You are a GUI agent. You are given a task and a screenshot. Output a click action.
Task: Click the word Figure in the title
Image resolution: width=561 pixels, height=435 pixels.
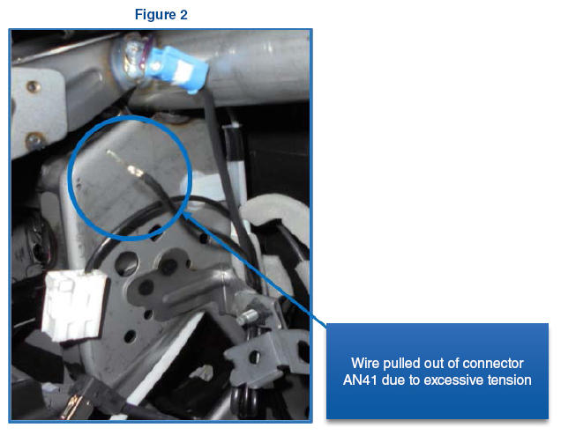(x=155, y=15)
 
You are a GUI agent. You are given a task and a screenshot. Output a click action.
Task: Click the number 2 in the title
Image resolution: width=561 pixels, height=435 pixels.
(x=183, y=15)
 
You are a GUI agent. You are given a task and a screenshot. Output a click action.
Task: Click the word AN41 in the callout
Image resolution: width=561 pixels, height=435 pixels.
(x=360, y=380)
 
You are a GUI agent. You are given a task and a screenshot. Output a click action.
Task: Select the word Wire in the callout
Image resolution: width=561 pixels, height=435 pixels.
(x=365, y=363)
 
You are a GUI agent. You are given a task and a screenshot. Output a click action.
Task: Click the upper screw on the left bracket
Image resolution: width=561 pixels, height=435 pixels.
(x=33, y=86)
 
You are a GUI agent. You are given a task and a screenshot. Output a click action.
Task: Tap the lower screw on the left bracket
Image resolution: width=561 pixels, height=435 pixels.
(x=34, y=140)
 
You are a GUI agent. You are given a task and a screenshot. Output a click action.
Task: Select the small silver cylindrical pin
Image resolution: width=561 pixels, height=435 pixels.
(x=248, y=317)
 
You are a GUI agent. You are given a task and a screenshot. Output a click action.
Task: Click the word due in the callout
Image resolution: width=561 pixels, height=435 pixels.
(x=393, y=380)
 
